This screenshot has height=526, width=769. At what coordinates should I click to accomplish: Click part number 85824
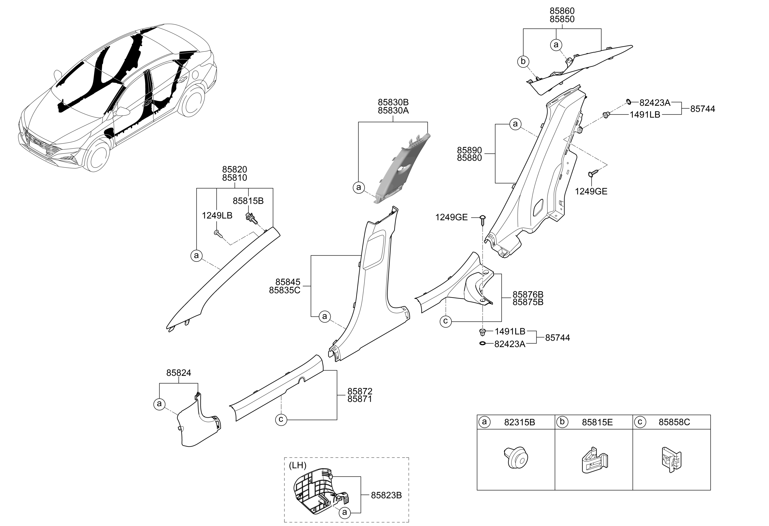[179, 373]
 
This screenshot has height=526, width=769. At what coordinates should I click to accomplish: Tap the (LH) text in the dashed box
[298, 465]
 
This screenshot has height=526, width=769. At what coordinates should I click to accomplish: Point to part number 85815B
[248, 201]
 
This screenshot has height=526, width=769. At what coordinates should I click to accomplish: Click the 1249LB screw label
[217, 216]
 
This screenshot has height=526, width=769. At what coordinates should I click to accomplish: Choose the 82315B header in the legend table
[520, 422]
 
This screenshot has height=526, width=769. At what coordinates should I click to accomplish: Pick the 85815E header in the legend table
[597, 422]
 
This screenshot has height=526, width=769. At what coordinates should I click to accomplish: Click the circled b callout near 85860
[523, 62]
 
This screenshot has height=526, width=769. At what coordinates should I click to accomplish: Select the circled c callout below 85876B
[446, 321]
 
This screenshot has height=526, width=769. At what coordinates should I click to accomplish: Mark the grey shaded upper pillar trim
[402, 169]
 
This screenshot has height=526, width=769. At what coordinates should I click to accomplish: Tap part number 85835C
[285, 290]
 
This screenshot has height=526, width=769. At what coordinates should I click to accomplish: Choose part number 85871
[360, 399]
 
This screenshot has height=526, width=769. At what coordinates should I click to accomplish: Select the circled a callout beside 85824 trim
[159, 404]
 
